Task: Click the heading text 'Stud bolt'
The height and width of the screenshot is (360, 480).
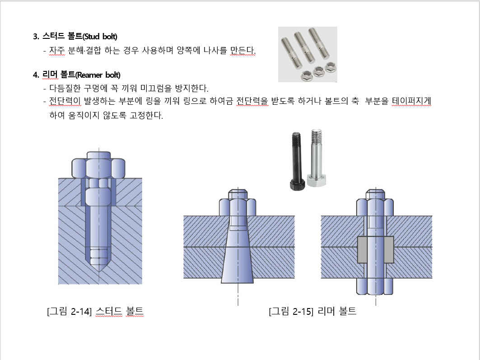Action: (x=100, y=37)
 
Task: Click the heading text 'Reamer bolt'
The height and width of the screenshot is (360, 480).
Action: (x=98, y=75)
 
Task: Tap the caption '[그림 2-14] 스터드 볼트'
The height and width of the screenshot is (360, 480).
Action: (x=95, y=311)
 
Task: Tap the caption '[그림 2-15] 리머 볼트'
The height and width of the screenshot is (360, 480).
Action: (x=312, y=311)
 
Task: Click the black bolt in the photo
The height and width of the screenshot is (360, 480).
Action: (x=297, y=161)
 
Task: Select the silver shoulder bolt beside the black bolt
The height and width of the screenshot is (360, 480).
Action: (x=317, y=158)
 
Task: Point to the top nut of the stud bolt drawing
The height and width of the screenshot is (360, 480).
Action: (x=98, y=165)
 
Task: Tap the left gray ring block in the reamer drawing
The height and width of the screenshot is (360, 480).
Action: (x=362, y=249)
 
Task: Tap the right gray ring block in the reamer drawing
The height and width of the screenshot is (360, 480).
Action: (x=389, y=249)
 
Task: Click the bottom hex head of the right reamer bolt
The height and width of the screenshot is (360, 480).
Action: (x=375, y=286)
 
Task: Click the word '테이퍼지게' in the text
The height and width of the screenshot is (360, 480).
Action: (x=411, y=101)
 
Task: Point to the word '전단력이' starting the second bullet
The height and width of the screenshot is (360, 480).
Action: (x=65, y=101)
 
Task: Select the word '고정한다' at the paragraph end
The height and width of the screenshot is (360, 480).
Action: (x=146, y=116)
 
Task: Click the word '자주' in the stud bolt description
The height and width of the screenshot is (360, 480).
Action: (x=57, y=50)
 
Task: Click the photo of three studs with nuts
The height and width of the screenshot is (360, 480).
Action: (x=308, y=54)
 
